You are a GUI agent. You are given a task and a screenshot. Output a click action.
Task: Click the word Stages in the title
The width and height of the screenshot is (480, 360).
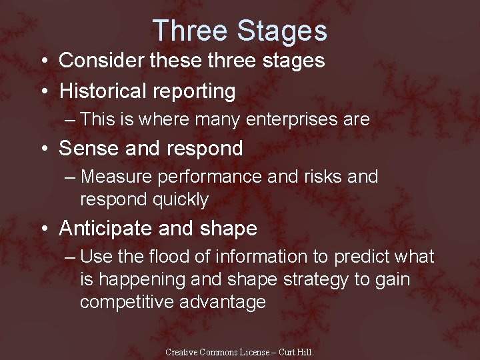[x=282, y=31]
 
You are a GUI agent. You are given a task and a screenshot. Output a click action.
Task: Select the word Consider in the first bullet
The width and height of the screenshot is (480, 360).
[x=102, y=61]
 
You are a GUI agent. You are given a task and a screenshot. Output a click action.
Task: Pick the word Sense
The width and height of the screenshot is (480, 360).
[x=85, y=149]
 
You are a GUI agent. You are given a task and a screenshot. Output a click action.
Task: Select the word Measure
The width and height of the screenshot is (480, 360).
[x=116, y=177]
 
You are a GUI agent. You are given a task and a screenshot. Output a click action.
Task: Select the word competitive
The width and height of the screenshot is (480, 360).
[x=127, y=302]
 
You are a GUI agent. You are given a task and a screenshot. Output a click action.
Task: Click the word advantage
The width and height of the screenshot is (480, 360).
[x=223, y=302]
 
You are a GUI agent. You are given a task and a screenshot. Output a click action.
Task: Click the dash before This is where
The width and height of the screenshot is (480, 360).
[x=71, y=120]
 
